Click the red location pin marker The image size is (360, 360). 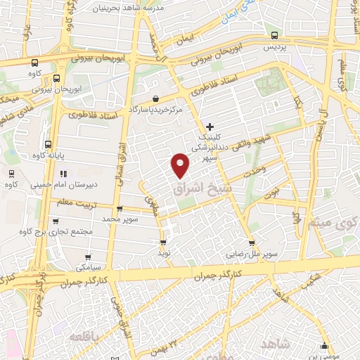(181, 164)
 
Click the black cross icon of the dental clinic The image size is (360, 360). (210, 127)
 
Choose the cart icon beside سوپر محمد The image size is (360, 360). (120, 209)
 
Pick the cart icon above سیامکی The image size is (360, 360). (82, 257)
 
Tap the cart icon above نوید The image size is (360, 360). (163, 240)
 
